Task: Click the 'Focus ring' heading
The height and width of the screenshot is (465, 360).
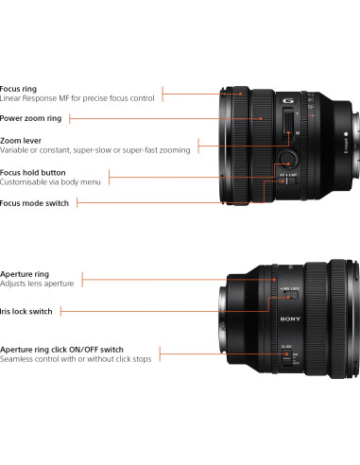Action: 19,89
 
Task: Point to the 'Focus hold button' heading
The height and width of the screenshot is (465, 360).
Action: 33,173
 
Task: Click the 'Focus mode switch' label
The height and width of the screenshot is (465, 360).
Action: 34,203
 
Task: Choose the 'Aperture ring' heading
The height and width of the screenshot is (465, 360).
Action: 25,274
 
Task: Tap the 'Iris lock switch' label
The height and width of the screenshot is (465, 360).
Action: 26,310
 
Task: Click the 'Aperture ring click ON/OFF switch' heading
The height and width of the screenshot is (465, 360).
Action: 62,349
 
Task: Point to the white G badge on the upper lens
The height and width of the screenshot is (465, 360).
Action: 286,101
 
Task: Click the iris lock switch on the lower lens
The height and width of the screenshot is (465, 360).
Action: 289,295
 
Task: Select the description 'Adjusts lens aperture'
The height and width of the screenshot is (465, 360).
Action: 37,284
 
